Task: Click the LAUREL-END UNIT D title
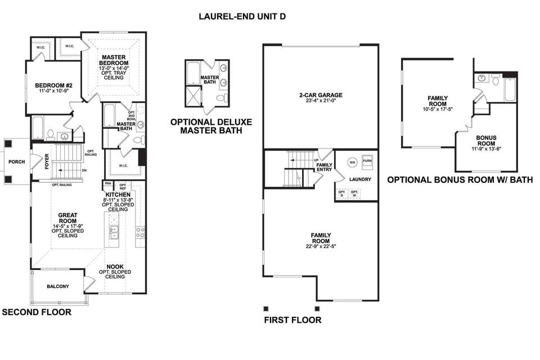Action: [x=242, y=16]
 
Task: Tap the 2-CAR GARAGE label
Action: [x=321, y=95]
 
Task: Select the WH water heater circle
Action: [x=352, y=162]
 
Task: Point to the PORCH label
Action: [x=16, y=162]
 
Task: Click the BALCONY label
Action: [x=58, y=286]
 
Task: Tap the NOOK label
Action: [x=115, y=267]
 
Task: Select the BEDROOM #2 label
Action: [x=54, y=85]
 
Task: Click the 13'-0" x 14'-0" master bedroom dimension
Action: [x=114, y=68]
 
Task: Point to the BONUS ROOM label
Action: [x=486, y=141]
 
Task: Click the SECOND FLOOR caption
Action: [x=37, y=312]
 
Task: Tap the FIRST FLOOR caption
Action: [x=292, y=320]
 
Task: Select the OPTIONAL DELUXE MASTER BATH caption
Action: [x=211, y=126]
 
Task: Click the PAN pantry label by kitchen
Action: [x=108, y=183]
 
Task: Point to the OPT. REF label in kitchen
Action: [x=123, y=187]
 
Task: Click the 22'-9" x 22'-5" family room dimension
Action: [x=321, y=246]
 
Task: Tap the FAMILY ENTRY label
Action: [x=324, y=167]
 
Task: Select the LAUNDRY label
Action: [x=360, y=179]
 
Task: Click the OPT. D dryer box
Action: [x=341, y=194]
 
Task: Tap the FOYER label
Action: [x=47, y=161]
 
